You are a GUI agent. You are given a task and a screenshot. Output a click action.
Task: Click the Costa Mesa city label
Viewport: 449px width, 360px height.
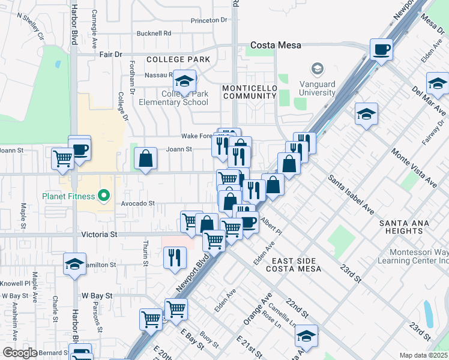click(276, 45)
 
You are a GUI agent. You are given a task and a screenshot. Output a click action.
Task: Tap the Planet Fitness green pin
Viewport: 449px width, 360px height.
click(103, 196)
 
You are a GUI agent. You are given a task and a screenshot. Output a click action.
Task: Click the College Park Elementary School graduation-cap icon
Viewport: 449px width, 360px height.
click(185, 80)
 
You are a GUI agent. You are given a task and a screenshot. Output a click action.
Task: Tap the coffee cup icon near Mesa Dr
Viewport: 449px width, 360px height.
click(381, 49)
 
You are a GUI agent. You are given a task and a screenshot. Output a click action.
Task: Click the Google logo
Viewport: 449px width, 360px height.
click(20, 352)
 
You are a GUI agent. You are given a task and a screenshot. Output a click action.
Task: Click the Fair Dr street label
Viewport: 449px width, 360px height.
click(110, 54)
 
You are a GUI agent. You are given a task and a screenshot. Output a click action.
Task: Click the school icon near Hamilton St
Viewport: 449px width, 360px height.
click(74, 263)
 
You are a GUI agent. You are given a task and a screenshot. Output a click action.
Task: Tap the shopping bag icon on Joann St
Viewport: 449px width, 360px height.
click(145, 159)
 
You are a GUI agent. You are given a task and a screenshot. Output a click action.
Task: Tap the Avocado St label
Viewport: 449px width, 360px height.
click(138, 203)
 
